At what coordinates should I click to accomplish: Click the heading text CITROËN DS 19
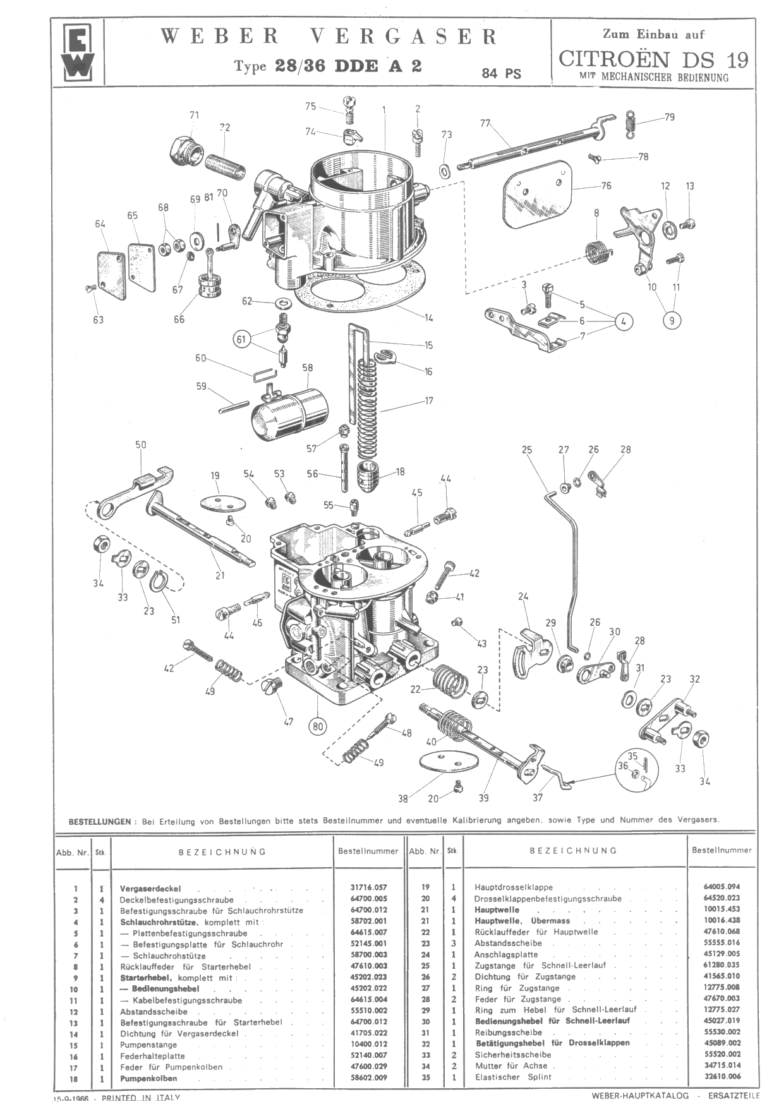(x=653, y=59)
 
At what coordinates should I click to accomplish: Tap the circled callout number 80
(x=318, y=726)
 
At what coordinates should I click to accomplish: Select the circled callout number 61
(x=241, y=339)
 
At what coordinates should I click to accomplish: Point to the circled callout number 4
(x=624, y=321)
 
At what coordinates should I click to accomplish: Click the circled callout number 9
(x=672, y=321)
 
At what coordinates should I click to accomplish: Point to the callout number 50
(x=140, y=445)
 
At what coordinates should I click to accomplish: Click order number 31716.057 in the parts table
(x=368, y=887)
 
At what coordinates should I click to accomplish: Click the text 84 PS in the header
(x=502, y=73)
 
